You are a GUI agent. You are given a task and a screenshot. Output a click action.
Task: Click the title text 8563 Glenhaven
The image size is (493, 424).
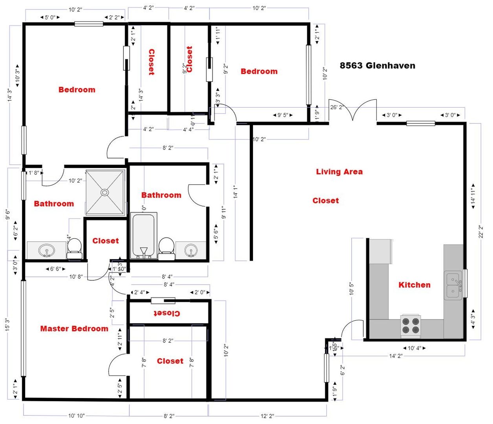tap(377, 66)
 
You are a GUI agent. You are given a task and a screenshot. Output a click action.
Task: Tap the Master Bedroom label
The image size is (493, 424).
tap(74, 329)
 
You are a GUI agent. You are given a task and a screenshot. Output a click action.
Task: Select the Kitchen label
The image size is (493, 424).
tap(414, 285)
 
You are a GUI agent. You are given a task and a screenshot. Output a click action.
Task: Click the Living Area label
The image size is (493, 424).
tap(339, 172)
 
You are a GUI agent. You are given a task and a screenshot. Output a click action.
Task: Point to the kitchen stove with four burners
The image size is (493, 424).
tap(411, 326)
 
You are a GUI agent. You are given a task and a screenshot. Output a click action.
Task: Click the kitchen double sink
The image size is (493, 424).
tap(453, 285)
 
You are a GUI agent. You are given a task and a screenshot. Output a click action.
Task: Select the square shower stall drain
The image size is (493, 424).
tap(104, 192)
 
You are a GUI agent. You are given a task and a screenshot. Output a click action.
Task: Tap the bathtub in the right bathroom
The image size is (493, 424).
tap(143, 236)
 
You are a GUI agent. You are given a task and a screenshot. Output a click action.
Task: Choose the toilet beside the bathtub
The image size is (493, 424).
tap(167, 249)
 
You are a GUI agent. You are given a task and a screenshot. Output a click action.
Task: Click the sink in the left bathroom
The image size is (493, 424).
tap(47, 250)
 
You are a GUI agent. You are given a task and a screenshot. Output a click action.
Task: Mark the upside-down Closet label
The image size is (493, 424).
tap(167, 313)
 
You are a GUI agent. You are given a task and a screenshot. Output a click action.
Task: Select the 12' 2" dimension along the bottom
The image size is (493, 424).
tap(267, 416)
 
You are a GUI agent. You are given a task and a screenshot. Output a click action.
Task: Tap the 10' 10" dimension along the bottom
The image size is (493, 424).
tap(76, 416)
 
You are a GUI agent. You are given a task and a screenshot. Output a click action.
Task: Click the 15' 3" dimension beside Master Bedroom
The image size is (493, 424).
tap(7, 325)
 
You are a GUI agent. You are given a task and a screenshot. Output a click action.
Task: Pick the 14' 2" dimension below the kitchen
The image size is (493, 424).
tap(396, 356)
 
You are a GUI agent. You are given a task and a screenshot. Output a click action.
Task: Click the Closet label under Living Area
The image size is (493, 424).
tap(325, 201)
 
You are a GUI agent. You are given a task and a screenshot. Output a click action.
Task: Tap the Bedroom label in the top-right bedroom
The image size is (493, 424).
tap(259, 71)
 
